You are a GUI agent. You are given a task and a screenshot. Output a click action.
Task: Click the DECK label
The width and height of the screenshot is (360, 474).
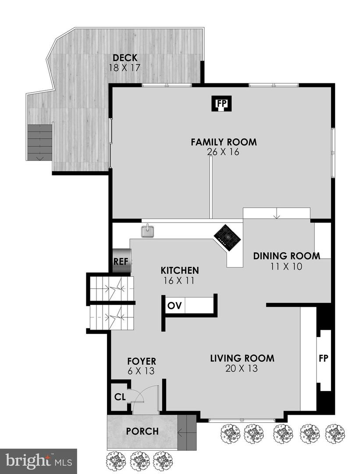tap(125, 58)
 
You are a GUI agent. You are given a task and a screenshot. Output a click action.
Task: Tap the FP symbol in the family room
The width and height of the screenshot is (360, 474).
tap(222, 104)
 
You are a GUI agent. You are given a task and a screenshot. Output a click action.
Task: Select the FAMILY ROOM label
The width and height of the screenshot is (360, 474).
tap(223, 142)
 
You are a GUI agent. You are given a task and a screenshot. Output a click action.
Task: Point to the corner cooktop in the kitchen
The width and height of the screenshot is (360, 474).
tap(227, 238)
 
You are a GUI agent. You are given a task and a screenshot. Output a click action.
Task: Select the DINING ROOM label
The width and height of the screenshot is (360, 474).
tap(286, 256)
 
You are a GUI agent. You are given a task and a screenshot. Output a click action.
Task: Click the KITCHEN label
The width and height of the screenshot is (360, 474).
tap(179, 270)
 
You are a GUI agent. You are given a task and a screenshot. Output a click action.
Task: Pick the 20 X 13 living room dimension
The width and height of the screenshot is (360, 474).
tap(242, 369)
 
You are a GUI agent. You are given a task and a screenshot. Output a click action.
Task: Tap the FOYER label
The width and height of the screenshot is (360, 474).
tap(142, 362)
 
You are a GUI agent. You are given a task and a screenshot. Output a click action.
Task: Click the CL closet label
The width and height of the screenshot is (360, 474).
tap(119, 397)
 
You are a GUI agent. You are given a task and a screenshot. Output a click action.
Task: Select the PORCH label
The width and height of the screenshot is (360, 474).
tap(143, 431)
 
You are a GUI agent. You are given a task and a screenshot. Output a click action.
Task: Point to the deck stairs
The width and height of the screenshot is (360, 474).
tap(40, 142)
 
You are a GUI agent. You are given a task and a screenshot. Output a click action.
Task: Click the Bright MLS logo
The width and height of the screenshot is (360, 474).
tap(38, 461)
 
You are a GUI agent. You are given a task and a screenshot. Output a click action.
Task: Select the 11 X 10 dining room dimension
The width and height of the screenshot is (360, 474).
tap(286, 266)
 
